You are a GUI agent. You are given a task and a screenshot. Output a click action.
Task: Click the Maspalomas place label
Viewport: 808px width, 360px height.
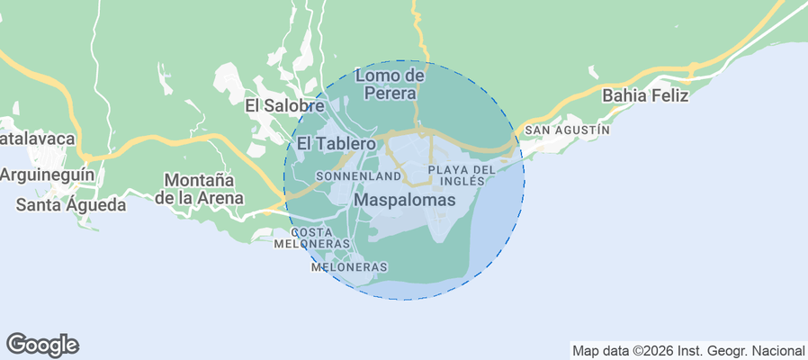[405, 199]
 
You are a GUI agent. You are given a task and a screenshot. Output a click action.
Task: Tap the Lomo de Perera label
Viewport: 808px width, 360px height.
[390, 84]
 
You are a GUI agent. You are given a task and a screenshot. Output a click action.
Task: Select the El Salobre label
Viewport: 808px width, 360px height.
[284, 106]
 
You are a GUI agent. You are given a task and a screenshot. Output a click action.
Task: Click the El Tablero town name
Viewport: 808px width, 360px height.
[336, 144]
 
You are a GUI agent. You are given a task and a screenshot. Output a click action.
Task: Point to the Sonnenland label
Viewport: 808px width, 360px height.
[358, 175]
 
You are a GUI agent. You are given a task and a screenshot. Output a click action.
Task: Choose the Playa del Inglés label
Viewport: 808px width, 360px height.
[462, 175]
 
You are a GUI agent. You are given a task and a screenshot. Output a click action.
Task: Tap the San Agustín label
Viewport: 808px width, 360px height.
[567, 130]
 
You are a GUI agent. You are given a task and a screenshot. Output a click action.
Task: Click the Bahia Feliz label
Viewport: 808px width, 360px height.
[645, 95]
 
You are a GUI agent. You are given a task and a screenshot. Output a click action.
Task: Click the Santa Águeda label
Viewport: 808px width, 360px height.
[71, 204]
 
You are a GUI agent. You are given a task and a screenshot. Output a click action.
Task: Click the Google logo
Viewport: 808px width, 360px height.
[42, 344]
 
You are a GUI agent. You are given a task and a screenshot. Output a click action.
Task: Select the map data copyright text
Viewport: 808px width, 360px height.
[688, 350]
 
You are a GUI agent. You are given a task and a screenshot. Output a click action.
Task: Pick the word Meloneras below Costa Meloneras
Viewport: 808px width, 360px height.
[348, 267]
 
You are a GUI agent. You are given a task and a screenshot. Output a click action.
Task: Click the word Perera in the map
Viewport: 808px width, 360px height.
[390, 93]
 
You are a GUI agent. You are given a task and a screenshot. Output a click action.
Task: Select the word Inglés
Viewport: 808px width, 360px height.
[462, 181]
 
